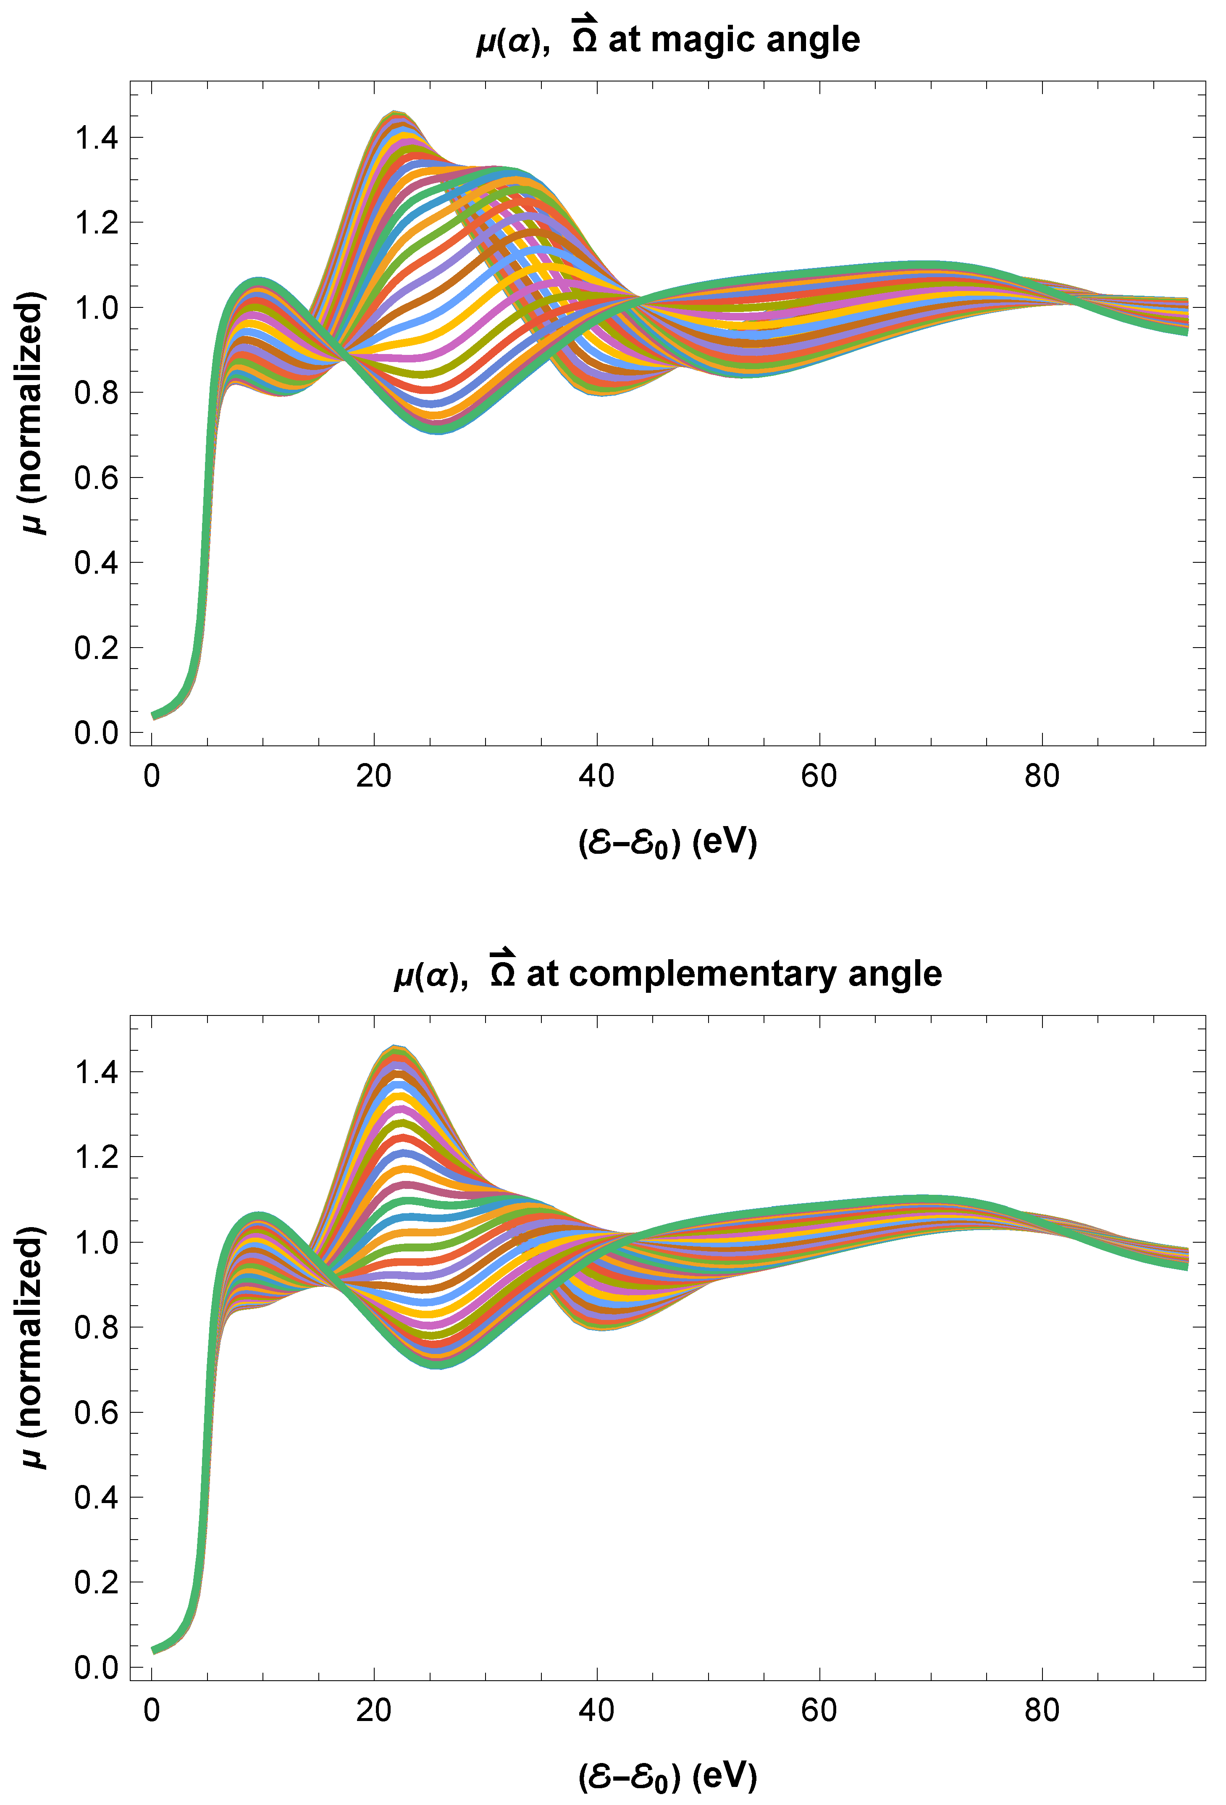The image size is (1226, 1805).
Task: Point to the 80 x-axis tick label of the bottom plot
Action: (x=1042, y=1710)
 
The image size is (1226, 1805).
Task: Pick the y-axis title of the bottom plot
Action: (x=31, y=1348)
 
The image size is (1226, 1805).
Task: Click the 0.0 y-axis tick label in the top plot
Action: (x=96, y=732)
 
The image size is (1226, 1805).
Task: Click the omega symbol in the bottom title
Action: (x=503, y=969)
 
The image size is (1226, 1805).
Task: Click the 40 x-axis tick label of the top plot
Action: (x=597, y=776)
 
